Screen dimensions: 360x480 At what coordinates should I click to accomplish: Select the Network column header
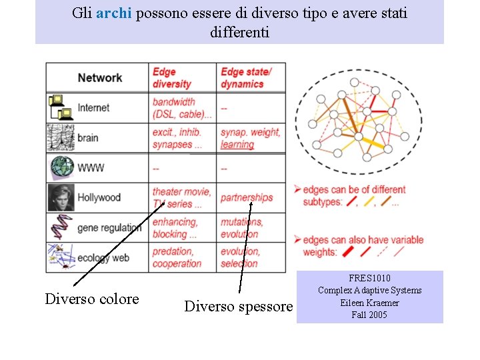[100, 77]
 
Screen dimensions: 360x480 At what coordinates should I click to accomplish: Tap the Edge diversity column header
[172, 77]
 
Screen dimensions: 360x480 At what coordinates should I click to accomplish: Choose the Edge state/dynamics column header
[246, 77]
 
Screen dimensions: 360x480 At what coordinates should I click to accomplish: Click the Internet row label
[93, 107]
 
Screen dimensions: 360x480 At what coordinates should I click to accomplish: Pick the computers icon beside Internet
[61, 107]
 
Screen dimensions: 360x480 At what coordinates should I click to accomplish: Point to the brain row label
[87, 138]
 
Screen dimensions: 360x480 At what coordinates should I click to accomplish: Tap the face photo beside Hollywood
[61, 197]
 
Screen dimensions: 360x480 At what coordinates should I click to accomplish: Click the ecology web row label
[103, 257]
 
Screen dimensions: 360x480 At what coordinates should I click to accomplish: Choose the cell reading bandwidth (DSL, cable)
[182, 107]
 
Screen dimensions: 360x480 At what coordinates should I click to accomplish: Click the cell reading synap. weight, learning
[250, 138]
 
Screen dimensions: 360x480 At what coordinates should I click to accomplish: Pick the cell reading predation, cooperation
[177, 257]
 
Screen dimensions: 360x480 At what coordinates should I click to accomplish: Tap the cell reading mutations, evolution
[241, 227]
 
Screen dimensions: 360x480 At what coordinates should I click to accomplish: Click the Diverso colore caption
[92, 299]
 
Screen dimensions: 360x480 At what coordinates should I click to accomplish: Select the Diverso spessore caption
[238, 307]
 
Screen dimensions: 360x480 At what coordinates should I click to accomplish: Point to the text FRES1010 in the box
[369, 278]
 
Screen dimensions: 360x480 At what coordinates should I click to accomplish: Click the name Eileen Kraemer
[369, 303]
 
